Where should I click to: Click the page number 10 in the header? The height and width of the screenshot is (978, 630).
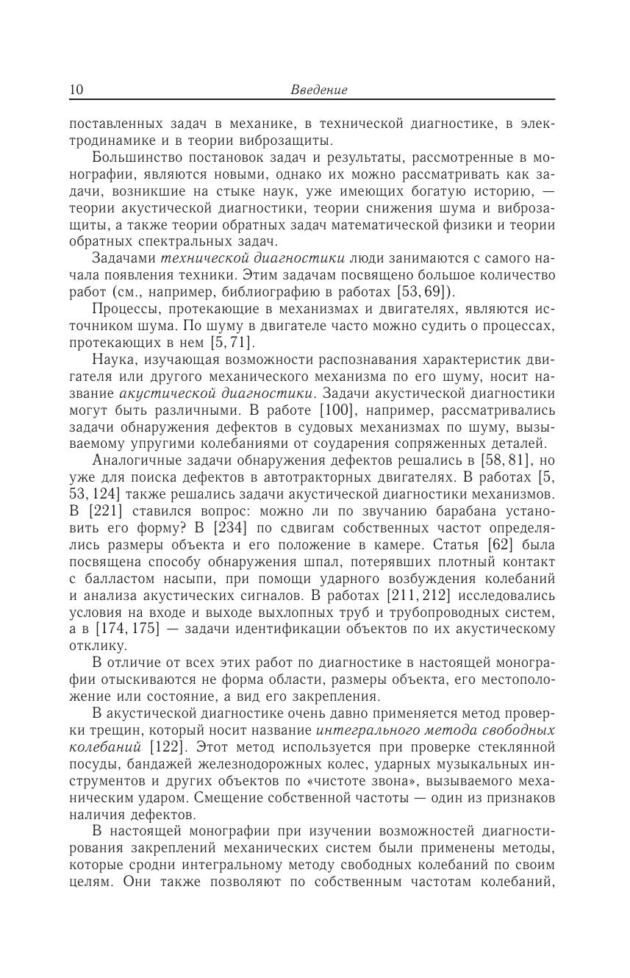(76, 90)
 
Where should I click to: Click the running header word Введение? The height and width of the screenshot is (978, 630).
(318, 90)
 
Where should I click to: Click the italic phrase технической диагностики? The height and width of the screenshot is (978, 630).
(253, 258)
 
